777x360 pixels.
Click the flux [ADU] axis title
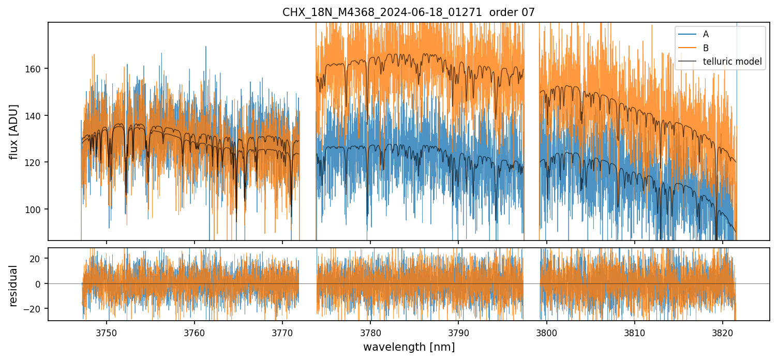(x=14, y=131)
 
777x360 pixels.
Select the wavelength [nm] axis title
(x=409, y=347)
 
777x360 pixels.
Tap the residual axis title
(x=14, y=286)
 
